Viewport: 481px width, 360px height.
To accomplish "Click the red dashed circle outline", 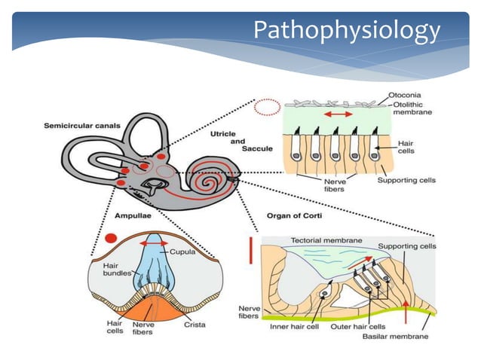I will [x=267, y=108].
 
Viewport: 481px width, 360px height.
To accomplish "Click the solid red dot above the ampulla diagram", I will [x=112, y=239].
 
